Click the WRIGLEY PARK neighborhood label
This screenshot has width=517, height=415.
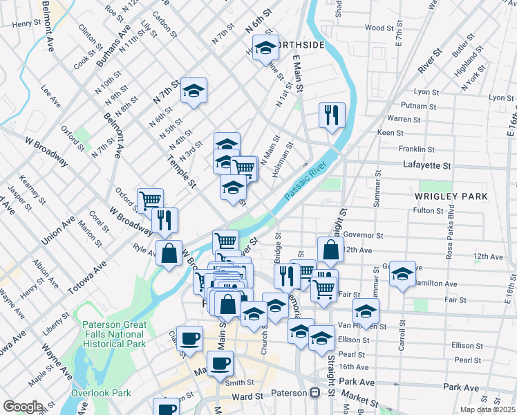click(452, 196)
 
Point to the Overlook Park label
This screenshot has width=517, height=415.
click(101, 393)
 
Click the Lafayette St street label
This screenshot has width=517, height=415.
click(426, 166)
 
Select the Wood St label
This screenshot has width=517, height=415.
click(379, 28)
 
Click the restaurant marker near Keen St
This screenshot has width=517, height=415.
click(332, 115)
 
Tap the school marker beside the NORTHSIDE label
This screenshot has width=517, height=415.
click(265, 48)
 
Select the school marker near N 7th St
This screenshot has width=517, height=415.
click(194, 90)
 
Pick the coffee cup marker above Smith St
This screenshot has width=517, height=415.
click(220, 363)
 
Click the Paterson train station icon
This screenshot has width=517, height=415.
click(315, 392)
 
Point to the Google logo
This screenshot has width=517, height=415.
click(23, 407)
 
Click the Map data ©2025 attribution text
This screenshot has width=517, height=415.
click(487, 409)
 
